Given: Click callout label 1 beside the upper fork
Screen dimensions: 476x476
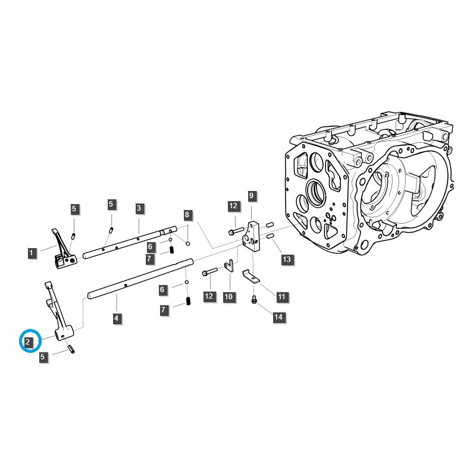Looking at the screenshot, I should (x=31, y=253).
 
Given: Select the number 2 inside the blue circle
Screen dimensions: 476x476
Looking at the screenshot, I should (x=28, y=342).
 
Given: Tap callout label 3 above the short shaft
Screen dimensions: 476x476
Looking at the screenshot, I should (x=139, y=208).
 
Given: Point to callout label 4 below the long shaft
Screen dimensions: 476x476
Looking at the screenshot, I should (x=117, y=319).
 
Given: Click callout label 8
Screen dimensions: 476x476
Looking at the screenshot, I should (x=187, y=215).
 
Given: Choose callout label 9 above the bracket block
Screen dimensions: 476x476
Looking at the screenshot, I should (x=251, y=196).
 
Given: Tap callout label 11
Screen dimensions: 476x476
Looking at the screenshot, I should (x=281, y=296).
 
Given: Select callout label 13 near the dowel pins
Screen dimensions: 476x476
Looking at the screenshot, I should (x=287, y=259).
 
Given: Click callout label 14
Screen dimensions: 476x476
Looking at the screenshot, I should (x=278, y=317).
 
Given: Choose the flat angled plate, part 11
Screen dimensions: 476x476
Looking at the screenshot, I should (x=252, y=277).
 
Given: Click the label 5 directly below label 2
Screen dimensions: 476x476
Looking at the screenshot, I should (x=43, y=357).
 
